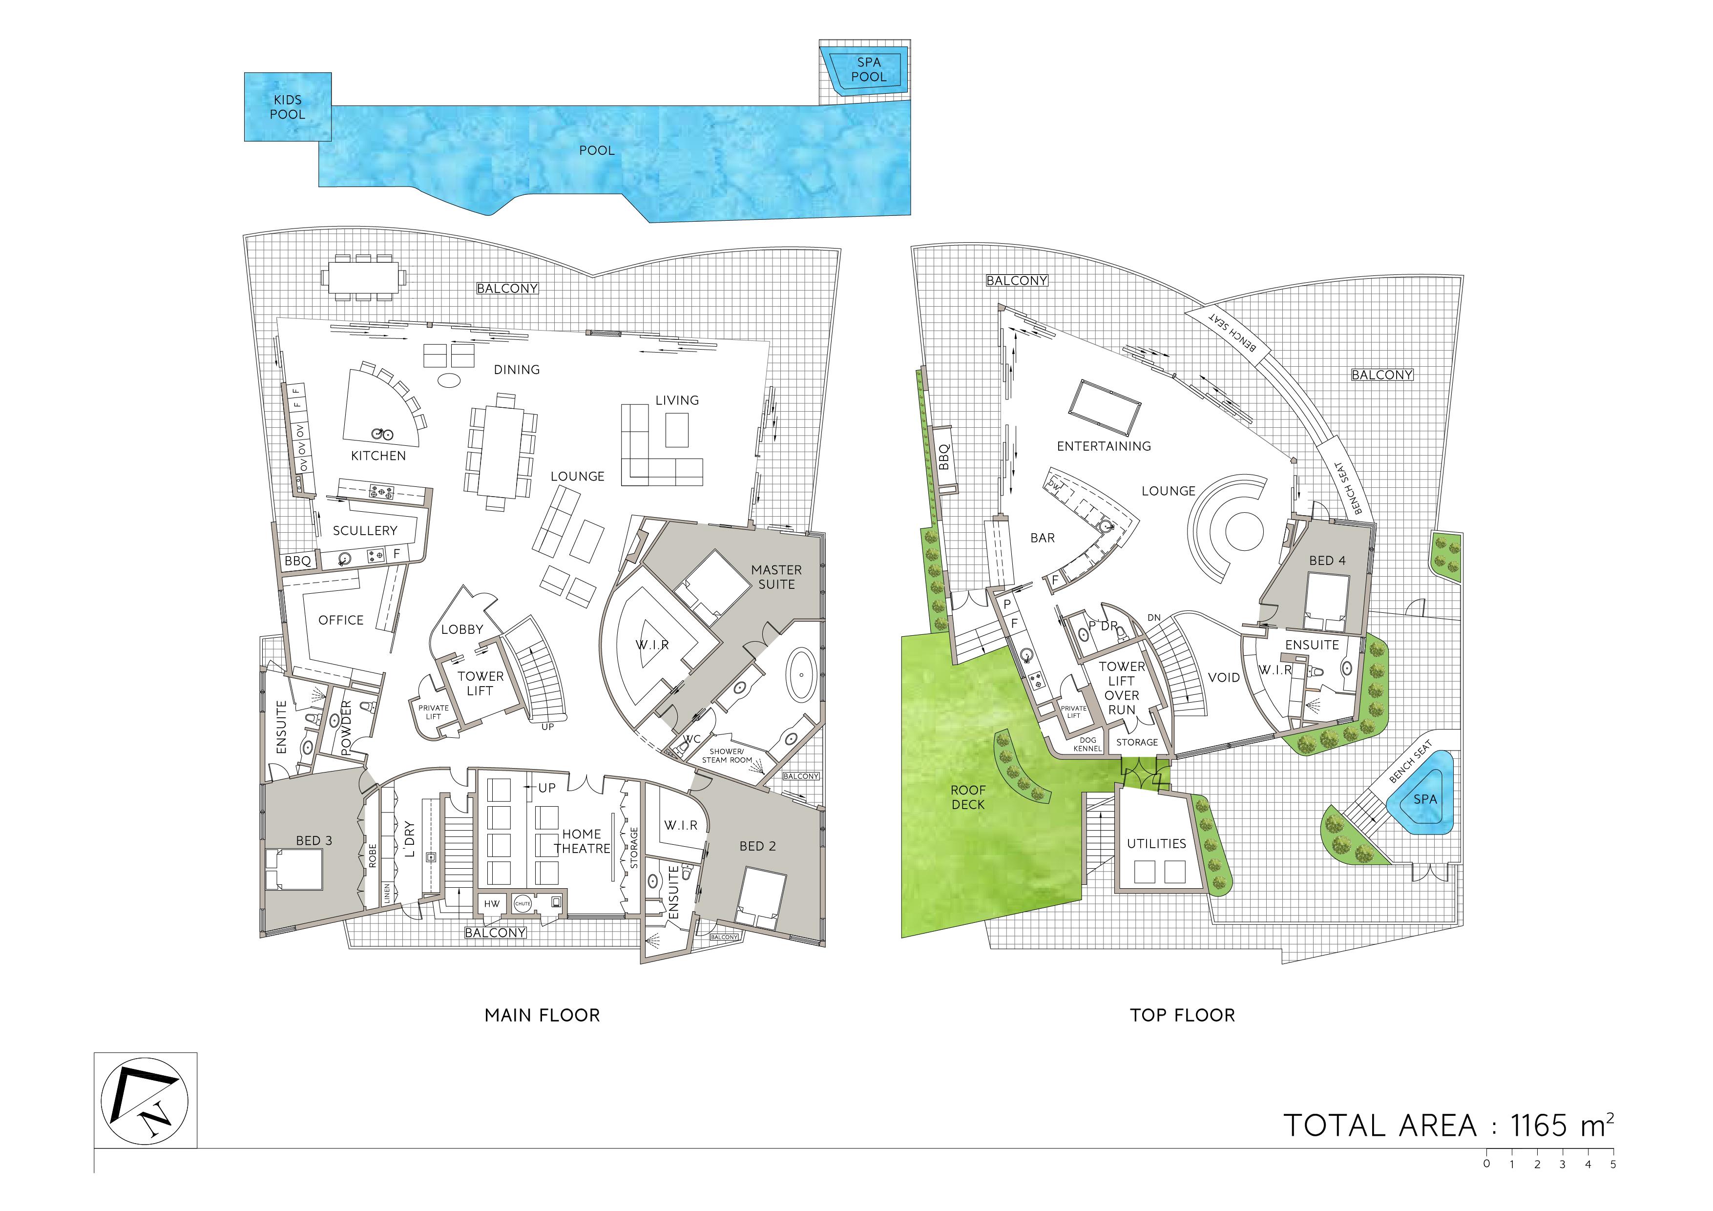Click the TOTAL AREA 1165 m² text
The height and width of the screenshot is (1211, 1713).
[x=1449, y=1127]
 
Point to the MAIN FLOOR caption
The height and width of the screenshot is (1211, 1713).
[x=543, y=1016]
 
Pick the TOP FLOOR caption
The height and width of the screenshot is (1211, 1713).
[x=1183, y=1016]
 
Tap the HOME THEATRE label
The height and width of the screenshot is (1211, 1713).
[x=582, y=841]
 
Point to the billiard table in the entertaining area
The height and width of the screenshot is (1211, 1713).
[x=1104, y=407]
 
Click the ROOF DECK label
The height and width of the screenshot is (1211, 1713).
[x=968, y=797]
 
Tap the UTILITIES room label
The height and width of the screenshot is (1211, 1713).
[x=1156, y=844]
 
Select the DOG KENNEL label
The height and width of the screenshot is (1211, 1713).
[x=1088, y=744]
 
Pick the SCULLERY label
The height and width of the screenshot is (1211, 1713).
[x=365, y=530]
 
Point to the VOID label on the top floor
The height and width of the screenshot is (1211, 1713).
[x=1224, y=677]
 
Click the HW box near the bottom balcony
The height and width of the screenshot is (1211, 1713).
[x=492, y=903]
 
